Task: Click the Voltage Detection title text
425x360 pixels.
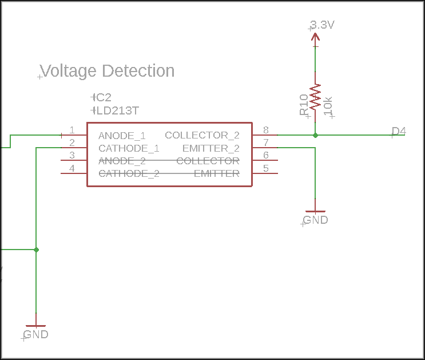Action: pyautogui.click(x=108, y=71)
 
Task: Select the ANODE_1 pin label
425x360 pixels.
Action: pyautogui.click(x=122, y=136)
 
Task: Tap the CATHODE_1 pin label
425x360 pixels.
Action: pyautogui.click(x=129, y=148)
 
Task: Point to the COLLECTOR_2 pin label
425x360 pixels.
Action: pyautogui.click(x=202, y=135)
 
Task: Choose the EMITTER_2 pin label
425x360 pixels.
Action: pyautogui.click(x=210, y=148)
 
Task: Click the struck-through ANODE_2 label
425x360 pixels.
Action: pyautogui.click(x=122, y=161)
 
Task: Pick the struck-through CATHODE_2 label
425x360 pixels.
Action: pyautogui.click(x=129, y=173)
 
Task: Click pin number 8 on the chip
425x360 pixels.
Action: pyautogui.click(x=265, y=130)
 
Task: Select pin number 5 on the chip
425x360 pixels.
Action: pyautogui.click(x=265, y=168)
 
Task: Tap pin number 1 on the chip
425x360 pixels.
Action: pyautogui.click(x=72, y=130)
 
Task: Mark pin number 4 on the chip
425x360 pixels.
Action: pyautogui.click(x=72, y=168)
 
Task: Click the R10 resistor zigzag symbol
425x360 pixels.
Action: pyautogui.click(x=315, y=97)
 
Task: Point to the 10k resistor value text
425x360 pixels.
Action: pyautogui.click(x=328, y=106)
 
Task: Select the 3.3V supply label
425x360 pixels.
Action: pyautogui.click(x=322, y=25)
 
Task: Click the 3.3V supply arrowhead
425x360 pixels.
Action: pyautogui.click(x=315, y=37)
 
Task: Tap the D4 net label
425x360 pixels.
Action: pyautogui.click(x=399, y=131)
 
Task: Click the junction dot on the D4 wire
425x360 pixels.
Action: pyautogui.click(x=315, y=135)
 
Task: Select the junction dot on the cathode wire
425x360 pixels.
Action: pyautogui.click(x=36, y=250)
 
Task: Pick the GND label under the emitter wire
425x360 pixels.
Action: pyautogui.click(x=315, y=220)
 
